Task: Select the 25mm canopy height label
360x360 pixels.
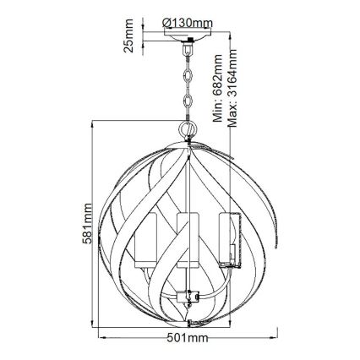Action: (128, 38)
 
